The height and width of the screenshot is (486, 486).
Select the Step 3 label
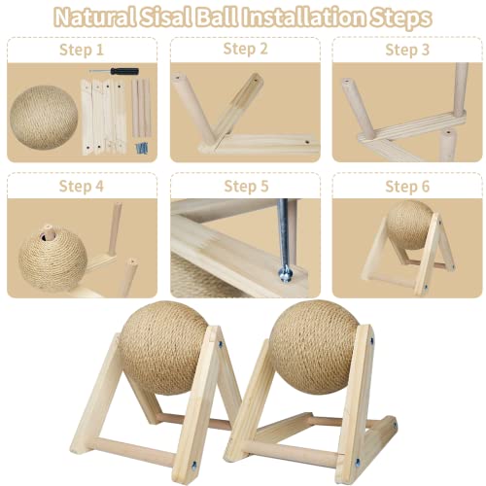405,48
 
